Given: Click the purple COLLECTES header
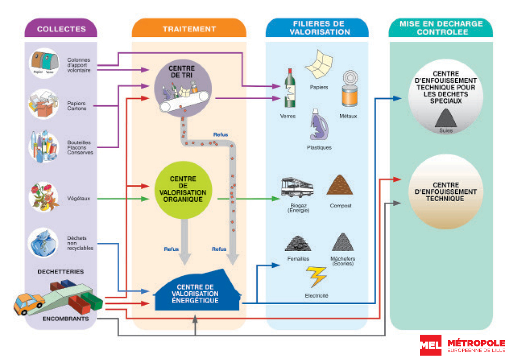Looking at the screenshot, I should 61,29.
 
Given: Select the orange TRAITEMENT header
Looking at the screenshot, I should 189,29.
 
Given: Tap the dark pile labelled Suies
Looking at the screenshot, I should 446,118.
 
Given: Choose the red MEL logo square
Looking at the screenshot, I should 431,345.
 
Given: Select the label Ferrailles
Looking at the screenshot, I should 298,259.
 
